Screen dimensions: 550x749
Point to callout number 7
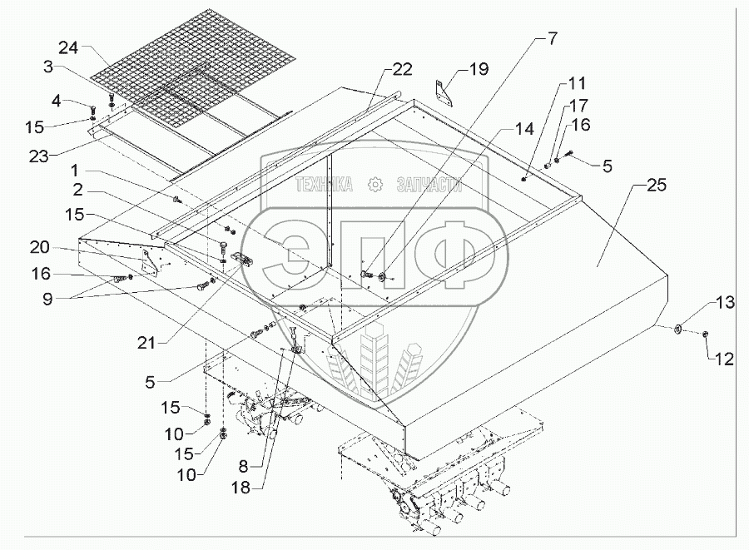click(x=553, y=38)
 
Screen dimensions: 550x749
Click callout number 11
click(x=577, y=84)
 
